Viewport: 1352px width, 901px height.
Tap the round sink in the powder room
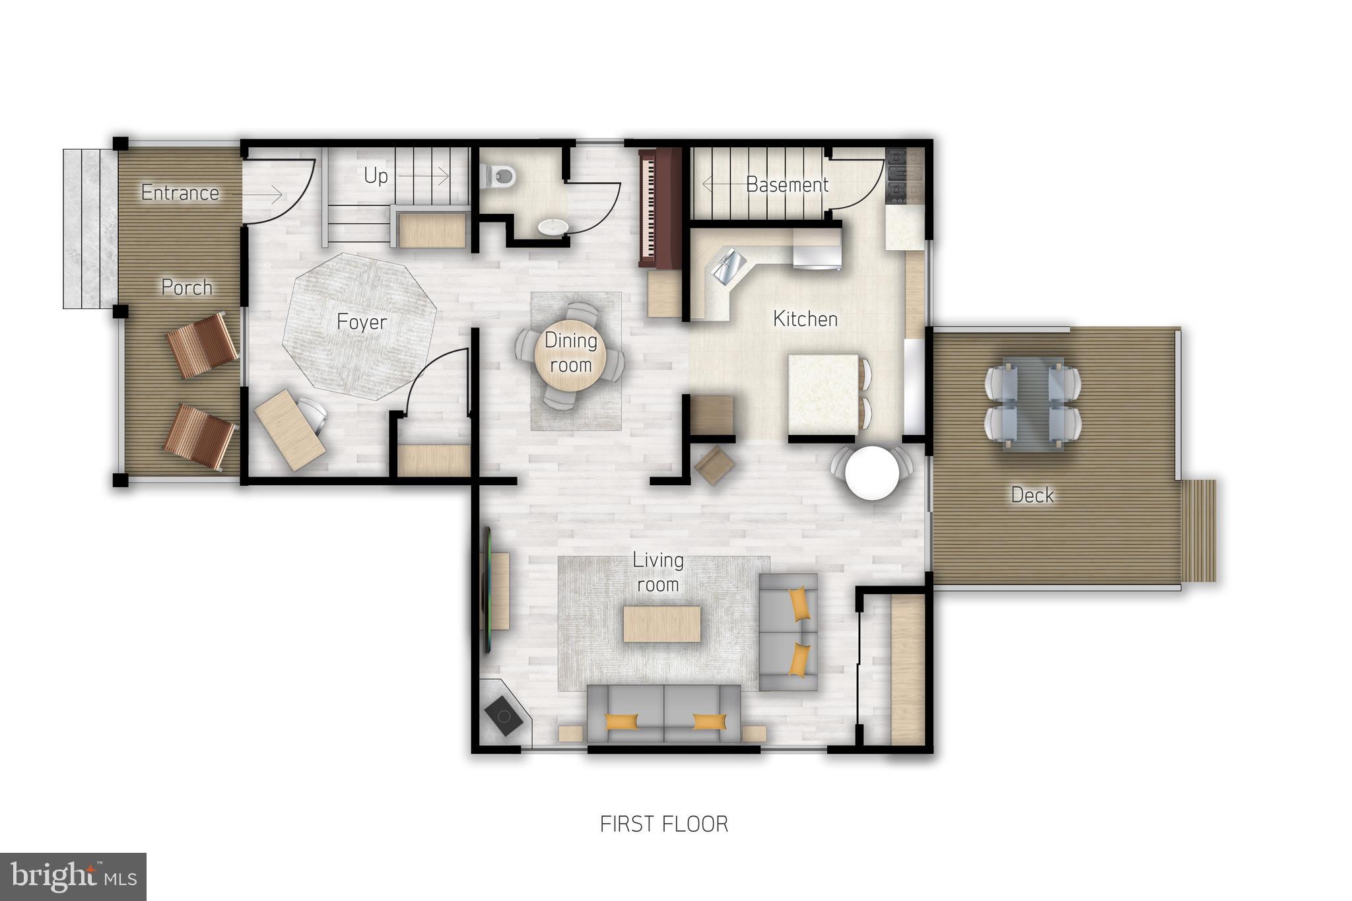(x=552, y=227)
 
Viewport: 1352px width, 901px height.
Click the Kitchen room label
(x=805, y=319)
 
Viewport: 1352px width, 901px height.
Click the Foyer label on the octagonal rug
(x=361, y=322)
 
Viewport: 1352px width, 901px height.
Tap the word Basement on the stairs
(x=787, y=185)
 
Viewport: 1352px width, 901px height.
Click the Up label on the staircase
(x=376, y=176)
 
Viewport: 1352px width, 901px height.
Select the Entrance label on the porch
(x=180, y=193)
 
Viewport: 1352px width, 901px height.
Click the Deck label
(x=1032, y=495)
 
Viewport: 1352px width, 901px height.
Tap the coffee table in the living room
(x=661, y=624)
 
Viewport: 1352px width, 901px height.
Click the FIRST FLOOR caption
(x=663, y=824)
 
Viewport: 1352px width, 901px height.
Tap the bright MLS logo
(x=73, y=877)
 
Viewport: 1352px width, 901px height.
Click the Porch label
(x=187, y=287)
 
